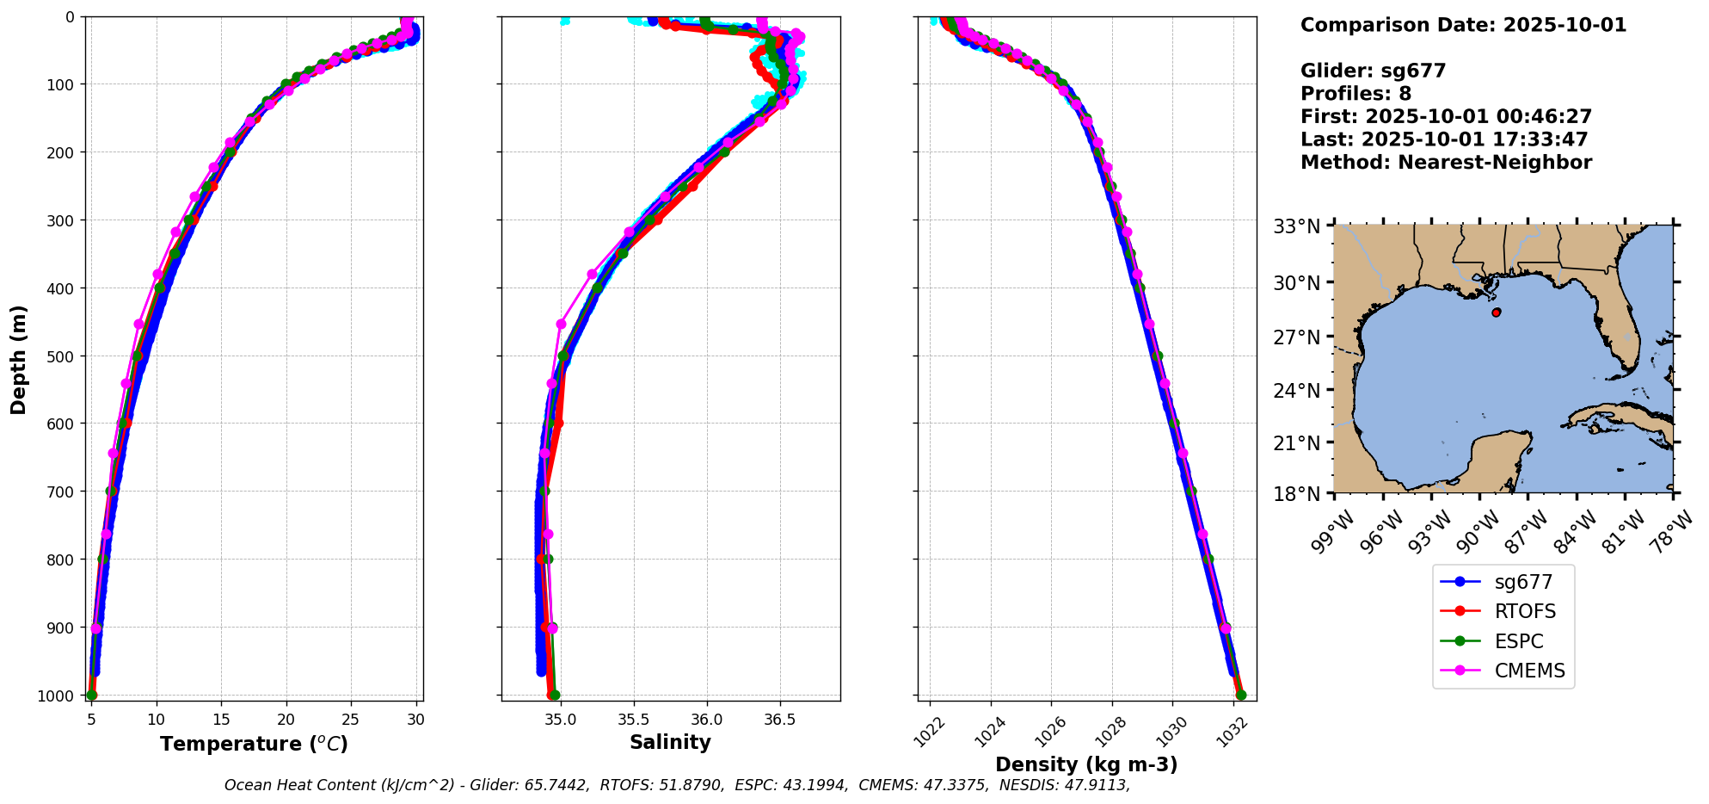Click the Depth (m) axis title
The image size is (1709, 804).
(19, 359)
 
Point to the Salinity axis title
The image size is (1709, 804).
(670, 743)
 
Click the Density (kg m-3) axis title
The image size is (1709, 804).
(1086, 764)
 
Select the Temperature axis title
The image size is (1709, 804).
(254, 744)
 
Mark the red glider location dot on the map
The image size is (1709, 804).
(1497, 312)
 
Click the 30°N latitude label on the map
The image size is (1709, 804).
(1297, 282)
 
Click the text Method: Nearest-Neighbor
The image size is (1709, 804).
(1446, 163)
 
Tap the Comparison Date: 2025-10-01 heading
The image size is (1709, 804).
(1463, 25)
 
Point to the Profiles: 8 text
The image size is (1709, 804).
(1356, 94)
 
